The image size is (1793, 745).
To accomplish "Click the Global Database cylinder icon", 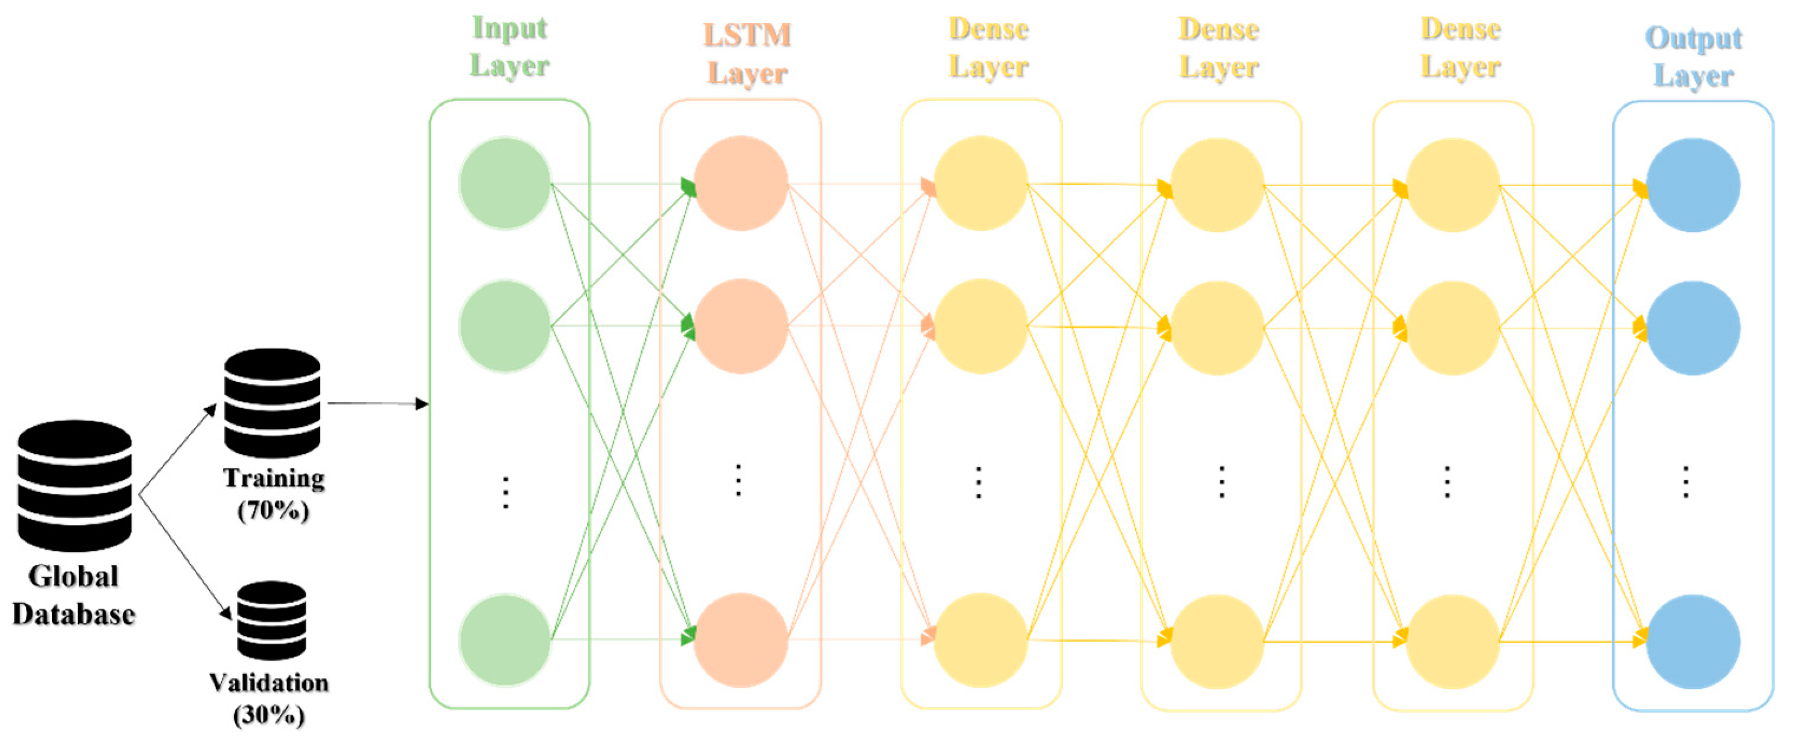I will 74,485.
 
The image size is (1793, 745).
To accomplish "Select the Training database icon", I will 272,403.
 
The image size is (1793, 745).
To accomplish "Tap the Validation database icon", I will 272,620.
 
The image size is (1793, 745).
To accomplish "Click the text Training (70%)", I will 273,494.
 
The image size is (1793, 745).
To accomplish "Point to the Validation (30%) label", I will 269,698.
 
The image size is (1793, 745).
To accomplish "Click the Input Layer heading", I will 510,47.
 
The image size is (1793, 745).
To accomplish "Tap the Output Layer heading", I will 1693,57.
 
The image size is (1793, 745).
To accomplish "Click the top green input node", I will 505,183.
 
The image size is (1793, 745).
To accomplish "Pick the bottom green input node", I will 505,640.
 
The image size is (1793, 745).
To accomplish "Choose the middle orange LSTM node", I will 740,326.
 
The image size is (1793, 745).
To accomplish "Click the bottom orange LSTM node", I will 740,640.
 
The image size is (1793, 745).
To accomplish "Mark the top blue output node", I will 1693,185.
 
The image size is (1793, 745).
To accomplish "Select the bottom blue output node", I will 1693,641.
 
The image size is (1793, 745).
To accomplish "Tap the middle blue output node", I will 1693,328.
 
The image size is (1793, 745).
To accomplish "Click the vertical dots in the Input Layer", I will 506,492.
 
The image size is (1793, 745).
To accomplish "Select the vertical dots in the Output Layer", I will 1686,482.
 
